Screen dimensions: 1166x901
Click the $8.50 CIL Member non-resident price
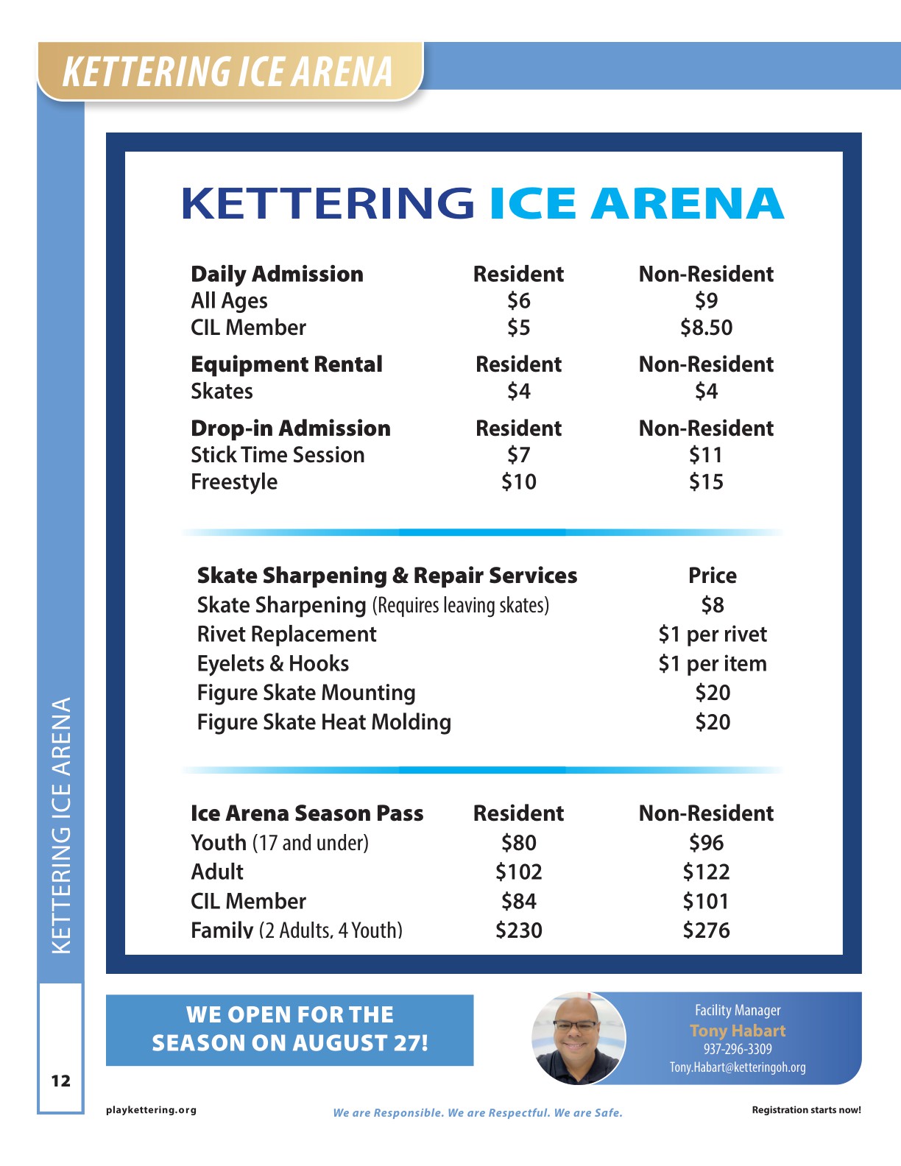[x=706, y=328]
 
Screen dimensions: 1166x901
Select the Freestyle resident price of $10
[x=518, y=482]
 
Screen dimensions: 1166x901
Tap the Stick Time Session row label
[x=278, y=455]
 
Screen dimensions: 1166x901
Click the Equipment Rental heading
[x=286, y=364]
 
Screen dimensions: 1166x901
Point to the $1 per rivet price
[x=712, y=635]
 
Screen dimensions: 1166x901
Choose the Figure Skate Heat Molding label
[x=324, y=722]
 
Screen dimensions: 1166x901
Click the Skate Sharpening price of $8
[x=712, y=605]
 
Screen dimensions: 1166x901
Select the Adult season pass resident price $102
[x=518, y=872]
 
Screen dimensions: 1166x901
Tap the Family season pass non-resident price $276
[x=706, y=930]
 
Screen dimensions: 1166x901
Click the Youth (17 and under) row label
[x=279, y=843]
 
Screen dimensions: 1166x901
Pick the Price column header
[x=712, y=576]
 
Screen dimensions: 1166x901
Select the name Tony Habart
[x=738, y=1031]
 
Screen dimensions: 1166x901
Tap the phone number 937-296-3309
[x=738, y=1049]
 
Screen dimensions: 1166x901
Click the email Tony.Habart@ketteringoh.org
[x=738, y=1067]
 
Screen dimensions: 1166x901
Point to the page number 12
[x=60, y=1081]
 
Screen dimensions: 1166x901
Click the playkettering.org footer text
[x=151, y=1110]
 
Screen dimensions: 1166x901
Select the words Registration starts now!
[x=806, y=1110]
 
